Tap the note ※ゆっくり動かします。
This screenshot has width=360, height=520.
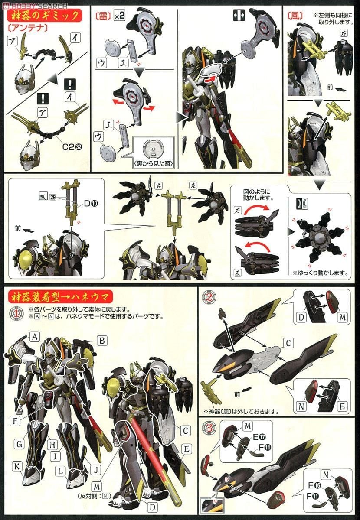pos(320,273)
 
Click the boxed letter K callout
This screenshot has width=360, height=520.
pos(17,466)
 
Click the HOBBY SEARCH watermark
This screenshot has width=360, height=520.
pos(35,6)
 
